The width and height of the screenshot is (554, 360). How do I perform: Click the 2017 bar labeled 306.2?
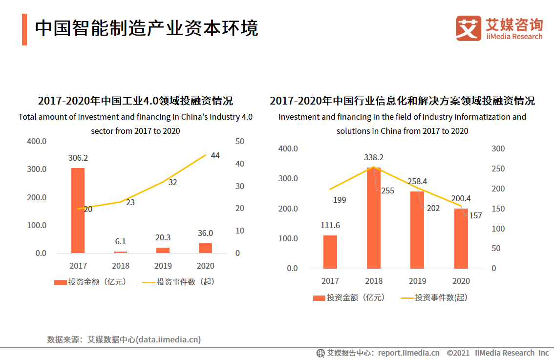click(78, 211)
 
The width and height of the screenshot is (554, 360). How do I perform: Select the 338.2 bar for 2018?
click(374, 218)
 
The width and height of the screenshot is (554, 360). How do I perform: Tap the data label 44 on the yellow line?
click(215, 156)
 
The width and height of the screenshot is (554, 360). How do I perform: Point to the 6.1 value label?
click(120, 241)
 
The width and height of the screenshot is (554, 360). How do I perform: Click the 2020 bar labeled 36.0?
click(205, 248)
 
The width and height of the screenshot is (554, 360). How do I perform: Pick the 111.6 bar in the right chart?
click(330, 252)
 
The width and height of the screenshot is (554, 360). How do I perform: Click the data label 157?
click(475, 215)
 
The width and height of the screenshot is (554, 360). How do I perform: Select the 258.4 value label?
click(417, 182)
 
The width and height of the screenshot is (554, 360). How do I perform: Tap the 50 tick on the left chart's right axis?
click(240, 141)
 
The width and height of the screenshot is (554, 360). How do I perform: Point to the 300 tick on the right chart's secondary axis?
click(497, 148)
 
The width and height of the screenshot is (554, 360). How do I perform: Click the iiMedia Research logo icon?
click(469, 28)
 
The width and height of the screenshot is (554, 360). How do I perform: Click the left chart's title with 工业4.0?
click(135, 101)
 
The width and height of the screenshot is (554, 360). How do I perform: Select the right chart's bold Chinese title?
click(402, 101)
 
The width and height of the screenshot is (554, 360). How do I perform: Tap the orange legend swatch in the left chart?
click(60, 282)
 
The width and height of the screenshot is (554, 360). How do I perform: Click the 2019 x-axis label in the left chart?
click(163, 266)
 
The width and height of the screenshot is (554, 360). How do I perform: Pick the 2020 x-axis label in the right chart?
click(461, 281)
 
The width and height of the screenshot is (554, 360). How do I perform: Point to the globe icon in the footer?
click(320, 353)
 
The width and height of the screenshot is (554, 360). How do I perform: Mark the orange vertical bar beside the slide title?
click(24, 29)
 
